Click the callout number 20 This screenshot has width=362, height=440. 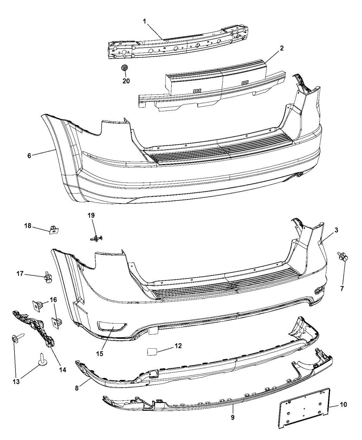tap(126, 81)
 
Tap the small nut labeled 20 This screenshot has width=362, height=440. tap(125, 68)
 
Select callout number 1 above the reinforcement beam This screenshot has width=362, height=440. tap(144, 21)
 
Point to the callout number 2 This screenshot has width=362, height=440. tap(282, 48)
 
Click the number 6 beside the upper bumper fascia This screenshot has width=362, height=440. tap(29, 156)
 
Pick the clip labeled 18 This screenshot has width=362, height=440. tap(54, 230)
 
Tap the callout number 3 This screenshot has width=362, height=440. tap(336, 230)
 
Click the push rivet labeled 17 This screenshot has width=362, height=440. tap(48, 277)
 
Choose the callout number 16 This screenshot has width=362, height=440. tap(53, 300)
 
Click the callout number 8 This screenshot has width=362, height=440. tap(77, 388)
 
